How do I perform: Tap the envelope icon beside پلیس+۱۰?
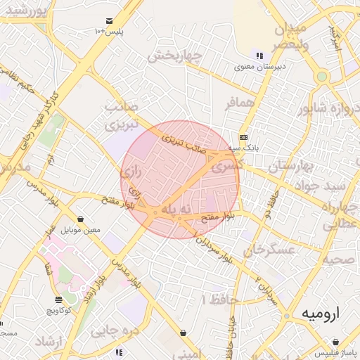tap(109, 22)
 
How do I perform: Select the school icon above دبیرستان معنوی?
tap(259, 56)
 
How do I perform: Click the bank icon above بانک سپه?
tap(243, 137)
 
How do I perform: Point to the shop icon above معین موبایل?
tap(82, 219)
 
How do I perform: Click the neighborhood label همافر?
tap(239, 103)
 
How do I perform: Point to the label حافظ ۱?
tap(220, 300)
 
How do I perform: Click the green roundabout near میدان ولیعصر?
tap(322, 76)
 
